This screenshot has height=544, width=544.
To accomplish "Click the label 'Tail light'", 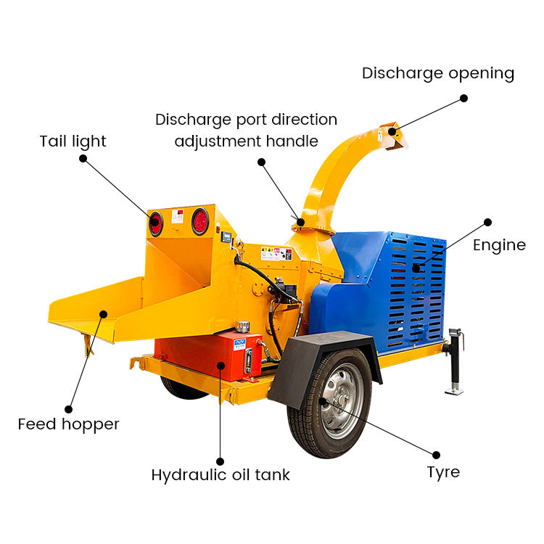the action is click(73, 141).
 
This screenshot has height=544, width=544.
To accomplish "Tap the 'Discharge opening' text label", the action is click(438, 73).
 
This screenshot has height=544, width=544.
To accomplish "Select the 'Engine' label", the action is click(499, 245).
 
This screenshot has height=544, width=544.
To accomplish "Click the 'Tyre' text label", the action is click(443, 472).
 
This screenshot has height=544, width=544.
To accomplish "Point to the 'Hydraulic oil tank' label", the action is click(221, 475).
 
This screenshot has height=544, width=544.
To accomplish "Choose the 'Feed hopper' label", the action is click(68, 424).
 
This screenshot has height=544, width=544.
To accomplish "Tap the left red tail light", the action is click(156, 223).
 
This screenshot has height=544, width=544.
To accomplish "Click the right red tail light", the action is click(199, 221).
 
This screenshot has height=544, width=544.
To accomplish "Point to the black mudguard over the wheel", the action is click(319, 363).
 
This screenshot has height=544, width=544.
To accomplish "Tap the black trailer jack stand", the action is click(456, 363).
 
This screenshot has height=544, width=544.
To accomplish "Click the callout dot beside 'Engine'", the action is click(488, 223).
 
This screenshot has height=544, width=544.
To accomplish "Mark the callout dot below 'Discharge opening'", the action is click(463, 98).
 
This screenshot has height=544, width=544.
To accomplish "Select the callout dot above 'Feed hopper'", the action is click(69, 409).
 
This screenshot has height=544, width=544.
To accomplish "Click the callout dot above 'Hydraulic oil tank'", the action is click(221, 458).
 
